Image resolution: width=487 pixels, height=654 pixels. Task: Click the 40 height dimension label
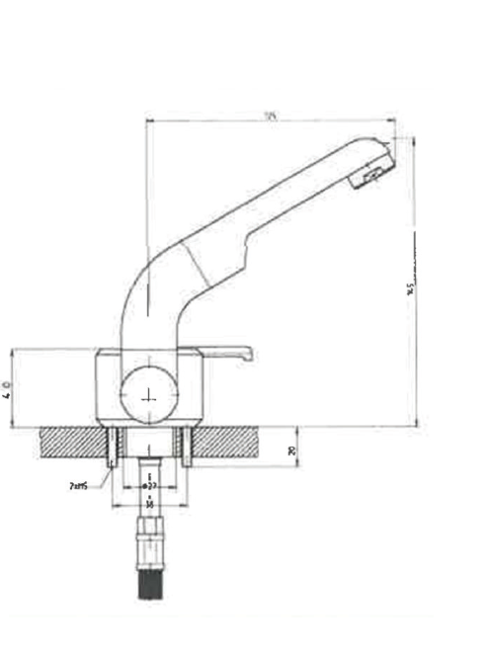pyautogui.click(x=8, y=388)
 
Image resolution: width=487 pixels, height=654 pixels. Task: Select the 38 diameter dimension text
pyautogui.click(x=149, y=504)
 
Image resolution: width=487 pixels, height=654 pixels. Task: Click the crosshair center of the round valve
pyautogui.click(x=149, y=394)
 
